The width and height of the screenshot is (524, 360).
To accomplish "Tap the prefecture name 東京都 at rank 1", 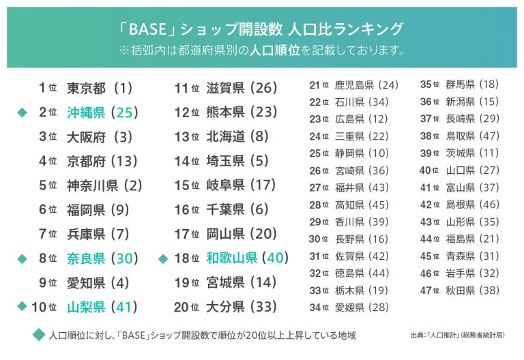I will [x=86, y=88].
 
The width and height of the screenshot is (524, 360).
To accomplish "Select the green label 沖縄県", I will [x=86, y=112].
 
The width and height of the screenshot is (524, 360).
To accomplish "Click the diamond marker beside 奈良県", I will [x=21, y=258].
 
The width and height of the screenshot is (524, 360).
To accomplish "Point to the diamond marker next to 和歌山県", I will [x=162, y=258].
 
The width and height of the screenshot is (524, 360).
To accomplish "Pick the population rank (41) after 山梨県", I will [x=124, y=307].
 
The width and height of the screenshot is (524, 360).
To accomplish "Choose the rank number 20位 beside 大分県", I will [x=186, y=307].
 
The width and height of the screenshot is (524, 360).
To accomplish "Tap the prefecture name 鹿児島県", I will [x=354, y=85].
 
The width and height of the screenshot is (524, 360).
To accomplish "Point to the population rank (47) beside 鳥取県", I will [x=489, y=136].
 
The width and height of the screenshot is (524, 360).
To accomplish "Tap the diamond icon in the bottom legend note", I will [x=39, y=335].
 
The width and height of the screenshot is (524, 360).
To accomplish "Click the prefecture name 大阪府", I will [x=86, y=136].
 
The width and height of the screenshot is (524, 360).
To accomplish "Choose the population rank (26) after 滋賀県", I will [x=264, y=88].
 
